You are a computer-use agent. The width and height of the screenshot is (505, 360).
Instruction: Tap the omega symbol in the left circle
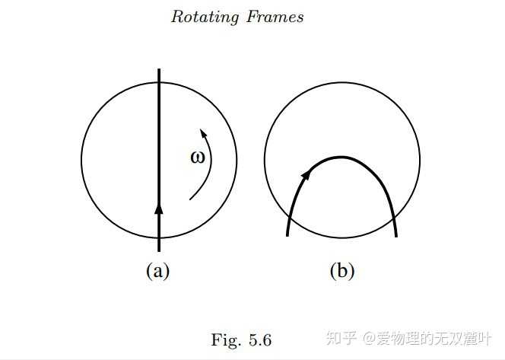198,158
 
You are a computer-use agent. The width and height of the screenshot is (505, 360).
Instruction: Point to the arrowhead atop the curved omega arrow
203,132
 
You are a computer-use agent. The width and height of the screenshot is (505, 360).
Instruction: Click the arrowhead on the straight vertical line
159,209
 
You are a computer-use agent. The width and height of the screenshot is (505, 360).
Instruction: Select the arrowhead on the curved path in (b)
306,174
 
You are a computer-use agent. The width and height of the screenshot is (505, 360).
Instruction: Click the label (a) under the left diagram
157,271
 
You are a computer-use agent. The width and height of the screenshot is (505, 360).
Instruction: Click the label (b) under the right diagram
342,271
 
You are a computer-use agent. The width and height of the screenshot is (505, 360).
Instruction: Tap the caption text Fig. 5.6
241,339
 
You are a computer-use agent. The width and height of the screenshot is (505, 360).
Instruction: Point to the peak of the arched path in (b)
341,158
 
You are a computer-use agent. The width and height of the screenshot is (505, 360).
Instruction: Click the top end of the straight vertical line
159,70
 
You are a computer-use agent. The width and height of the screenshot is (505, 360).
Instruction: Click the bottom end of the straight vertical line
159,250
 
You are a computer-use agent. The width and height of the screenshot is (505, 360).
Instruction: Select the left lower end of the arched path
287,235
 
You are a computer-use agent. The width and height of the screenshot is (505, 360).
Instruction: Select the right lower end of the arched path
396,236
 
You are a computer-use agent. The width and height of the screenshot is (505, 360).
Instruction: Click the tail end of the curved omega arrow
190,199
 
